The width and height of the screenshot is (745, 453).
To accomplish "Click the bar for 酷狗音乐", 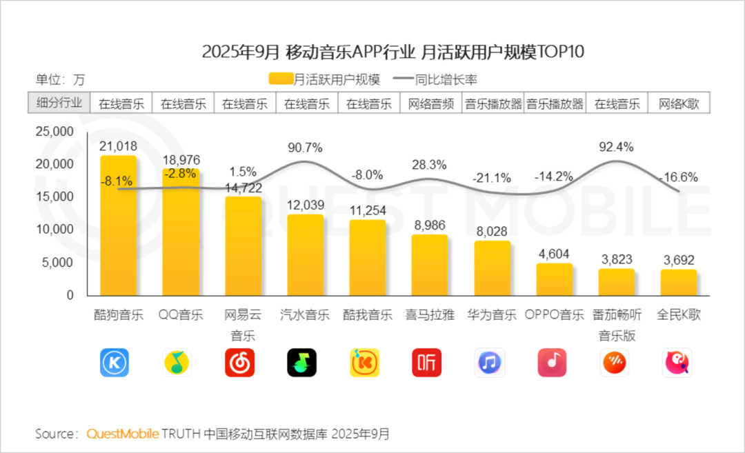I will click(x=119, y=228).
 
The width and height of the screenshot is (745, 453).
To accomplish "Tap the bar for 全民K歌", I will click(x=679, y=283).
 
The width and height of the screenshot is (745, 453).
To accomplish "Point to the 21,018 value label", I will click(x=119, y=146).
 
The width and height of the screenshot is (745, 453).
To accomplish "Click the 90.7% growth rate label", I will click(x=305, y=148).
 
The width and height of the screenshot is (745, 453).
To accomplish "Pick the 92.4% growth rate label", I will click(x=617, y=146).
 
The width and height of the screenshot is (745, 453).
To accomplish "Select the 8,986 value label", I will click(x=429, y=224).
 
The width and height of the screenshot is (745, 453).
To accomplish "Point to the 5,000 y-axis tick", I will click(x=60, y=263).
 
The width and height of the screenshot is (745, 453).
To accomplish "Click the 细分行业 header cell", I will click(x=59, y=103).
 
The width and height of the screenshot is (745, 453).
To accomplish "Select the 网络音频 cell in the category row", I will click(x=430, y=104).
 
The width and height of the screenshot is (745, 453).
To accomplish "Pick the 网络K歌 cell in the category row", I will click(x=679, y=104).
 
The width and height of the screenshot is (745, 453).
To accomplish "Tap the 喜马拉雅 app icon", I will click(x=427, y=362).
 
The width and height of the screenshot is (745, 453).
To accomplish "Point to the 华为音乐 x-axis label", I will click(x=492, y=315).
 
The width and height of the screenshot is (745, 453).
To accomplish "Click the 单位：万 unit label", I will click(x=61, y=79).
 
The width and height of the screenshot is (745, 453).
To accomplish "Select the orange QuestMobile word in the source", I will click(x=123, y=434).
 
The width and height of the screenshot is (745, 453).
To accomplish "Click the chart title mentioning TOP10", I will click(x=393, y=52).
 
